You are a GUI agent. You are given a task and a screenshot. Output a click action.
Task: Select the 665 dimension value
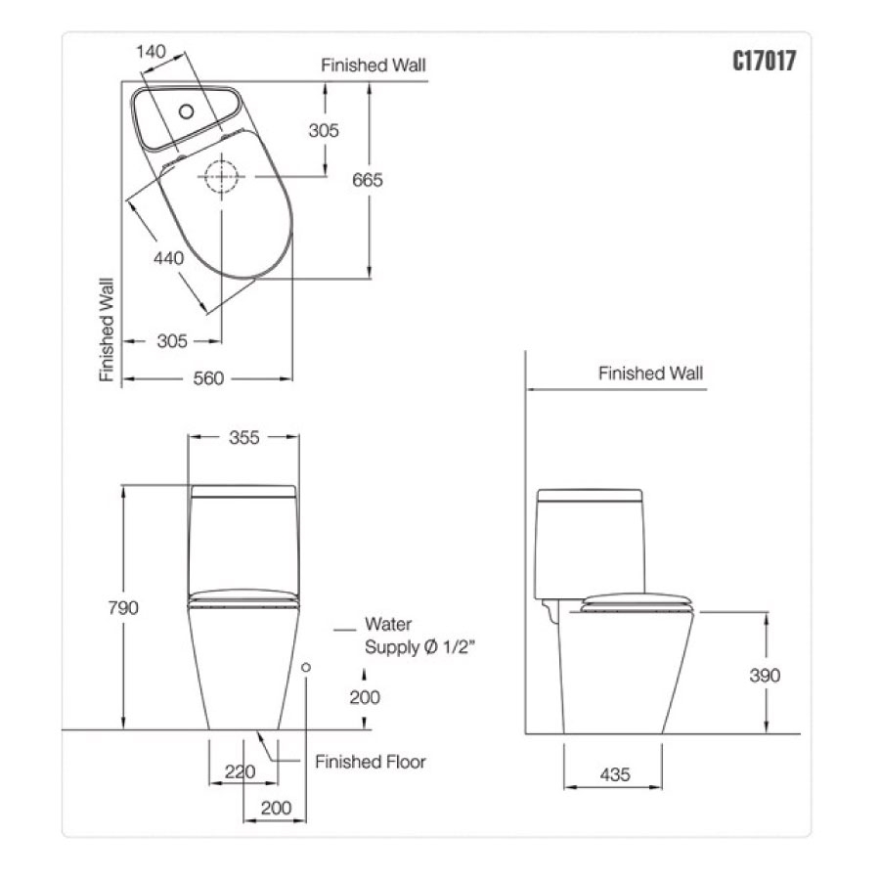tap(369, 180)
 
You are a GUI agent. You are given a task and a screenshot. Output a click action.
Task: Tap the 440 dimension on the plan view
tap(168, 258)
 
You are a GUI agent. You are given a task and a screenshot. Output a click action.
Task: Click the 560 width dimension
tap(208, 378)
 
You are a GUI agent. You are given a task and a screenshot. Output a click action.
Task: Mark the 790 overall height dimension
tap(123, 607)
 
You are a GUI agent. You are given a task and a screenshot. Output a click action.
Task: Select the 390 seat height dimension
tap(766, 675)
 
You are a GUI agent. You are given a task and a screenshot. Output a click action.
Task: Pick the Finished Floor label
tap(371, 762)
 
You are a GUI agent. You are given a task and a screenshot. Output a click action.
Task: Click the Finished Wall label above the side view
tap(650, 373)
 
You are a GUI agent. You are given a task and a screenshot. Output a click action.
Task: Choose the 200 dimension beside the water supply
tap(364, 697)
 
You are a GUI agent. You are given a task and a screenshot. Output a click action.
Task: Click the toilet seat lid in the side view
tap(637, 601)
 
